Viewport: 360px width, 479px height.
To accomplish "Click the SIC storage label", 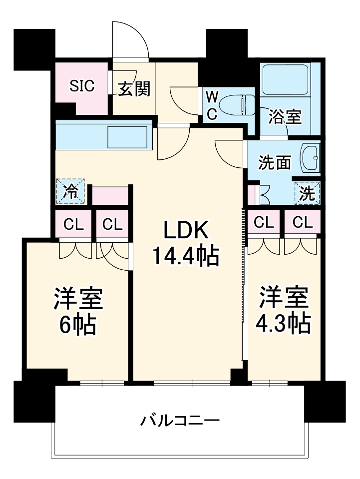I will tap(81, 86).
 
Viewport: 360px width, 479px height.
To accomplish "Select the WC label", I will tap(212, 104).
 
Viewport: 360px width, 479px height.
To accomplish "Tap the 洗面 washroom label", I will tap(275, 162).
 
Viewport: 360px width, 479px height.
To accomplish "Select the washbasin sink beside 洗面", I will tap(310, 158).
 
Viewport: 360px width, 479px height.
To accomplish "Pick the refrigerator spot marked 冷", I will tap(71, 192).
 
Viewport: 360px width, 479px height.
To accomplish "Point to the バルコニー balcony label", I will tap(179, 420).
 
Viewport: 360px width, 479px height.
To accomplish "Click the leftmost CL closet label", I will tap(73, 224).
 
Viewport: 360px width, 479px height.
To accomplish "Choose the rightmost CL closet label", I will tap(302, 222).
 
